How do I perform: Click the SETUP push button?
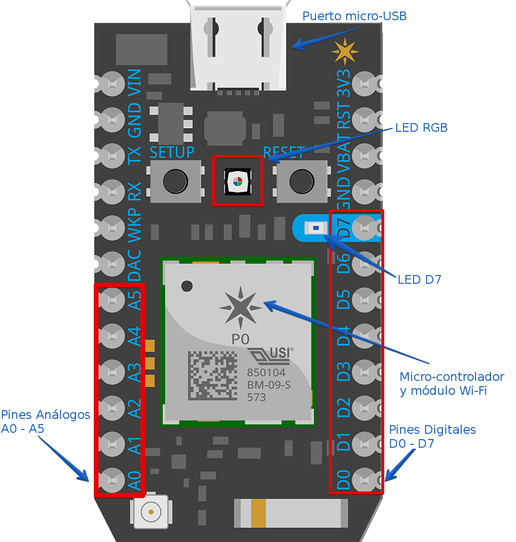tap(175, 181)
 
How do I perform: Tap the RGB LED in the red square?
tap(237, 181)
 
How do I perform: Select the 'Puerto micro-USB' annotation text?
tap(354, 16)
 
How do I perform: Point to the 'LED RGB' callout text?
tap(421, 128)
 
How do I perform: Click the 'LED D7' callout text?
tap(419, 279)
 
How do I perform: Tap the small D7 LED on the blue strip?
tap(315, 227)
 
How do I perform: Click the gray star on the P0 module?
tap(240, 306)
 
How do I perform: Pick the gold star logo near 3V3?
tap(345, 51)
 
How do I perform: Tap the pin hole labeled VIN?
tap(112, 84)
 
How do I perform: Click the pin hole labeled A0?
tap(112, 480)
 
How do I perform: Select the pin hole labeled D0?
tap(365, 480)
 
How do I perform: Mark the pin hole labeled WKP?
tap(112, 228)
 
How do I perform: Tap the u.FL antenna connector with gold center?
tap(151, 512)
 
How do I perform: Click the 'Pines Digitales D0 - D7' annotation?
tap(432, 436)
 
